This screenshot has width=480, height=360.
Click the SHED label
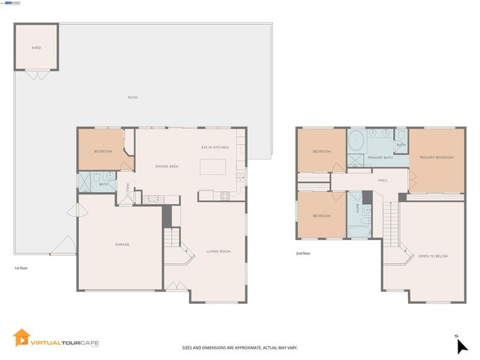35,48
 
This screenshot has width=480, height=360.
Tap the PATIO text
132,97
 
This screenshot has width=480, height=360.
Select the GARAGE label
121,244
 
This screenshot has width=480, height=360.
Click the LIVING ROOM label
218,251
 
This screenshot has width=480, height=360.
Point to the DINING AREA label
166,166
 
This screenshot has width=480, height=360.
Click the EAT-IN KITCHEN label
214,147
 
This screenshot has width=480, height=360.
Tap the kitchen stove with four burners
224,196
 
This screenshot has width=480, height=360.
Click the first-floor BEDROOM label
103,151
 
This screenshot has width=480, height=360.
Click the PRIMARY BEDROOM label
436,157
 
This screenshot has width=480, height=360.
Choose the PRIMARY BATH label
380,157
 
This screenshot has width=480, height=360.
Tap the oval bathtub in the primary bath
356,142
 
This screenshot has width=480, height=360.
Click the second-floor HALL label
382,180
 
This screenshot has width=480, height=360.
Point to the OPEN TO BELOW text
433,256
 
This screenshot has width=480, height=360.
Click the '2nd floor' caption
304,253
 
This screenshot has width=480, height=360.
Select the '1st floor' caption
22,268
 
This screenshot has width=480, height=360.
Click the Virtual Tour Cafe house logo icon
22,339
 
